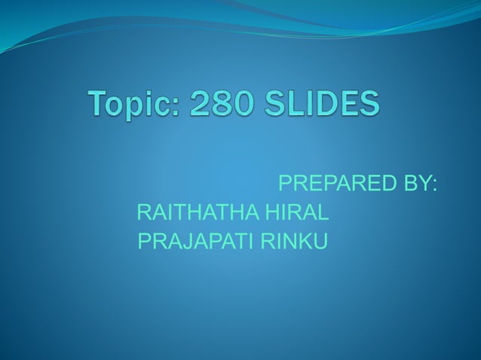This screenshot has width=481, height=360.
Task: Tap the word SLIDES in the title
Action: click(x=323, y=104)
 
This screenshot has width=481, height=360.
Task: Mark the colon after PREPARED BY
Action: click(x=435, y=186)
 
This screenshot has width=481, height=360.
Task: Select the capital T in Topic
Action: click(x=100, y=104)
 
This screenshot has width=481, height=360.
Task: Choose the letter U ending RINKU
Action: click(x=320, y=243)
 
